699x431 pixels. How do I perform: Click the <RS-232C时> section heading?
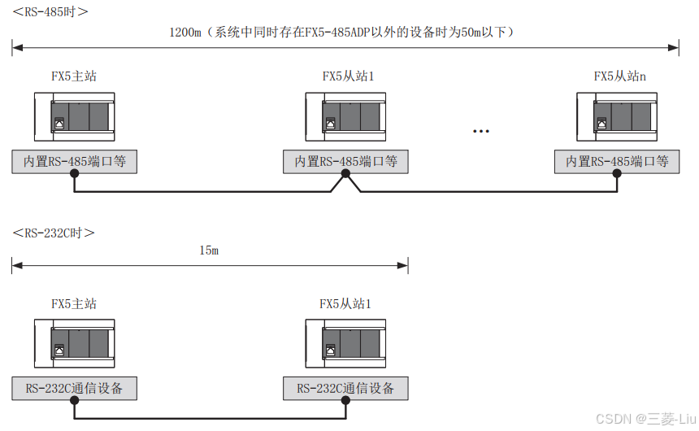tap(54, 233)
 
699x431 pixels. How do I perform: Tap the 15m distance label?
tap(209, 250)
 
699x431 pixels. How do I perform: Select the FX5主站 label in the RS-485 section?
tap(74, 76)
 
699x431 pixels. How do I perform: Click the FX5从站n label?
tap(620, 76)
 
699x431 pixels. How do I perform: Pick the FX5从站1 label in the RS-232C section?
tap(345, 303)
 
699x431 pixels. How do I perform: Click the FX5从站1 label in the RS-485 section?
tap(348, 76)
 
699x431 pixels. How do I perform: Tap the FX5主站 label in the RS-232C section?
tap(74, 303)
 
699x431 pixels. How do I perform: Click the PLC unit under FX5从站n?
tap(617, 119)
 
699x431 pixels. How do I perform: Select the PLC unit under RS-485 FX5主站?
tap(75, 119)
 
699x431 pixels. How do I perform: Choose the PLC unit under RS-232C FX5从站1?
tap(346, 346)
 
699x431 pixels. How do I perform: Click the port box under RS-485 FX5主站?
tap(75, 162)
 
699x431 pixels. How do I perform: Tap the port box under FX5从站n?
tap(617, 162)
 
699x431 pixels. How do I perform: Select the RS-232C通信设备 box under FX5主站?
tap(75, 389)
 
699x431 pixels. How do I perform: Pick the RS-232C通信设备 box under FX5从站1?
tap(346, 389)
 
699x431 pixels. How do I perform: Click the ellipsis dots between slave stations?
tap(480, 130)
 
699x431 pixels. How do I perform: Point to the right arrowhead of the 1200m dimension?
tap(674, 48)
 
